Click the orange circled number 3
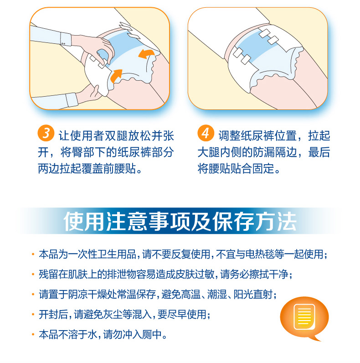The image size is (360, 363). coord(46,133)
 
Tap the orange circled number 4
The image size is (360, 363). coord(206,133)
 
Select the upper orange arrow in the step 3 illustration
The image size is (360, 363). coord(146,54)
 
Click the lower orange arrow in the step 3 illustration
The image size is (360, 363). coord(116,76)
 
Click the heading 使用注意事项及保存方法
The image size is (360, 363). coord(180,221)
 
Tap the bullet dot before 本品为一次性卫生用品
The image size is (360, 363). coord(33,254)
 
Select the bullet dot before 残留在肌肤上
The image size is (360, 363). coord(33,275)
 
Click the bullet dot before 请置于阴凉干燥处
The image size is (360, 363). coord(33,295)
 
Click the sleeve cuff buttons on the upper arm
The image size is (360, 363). coord(63,43)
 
